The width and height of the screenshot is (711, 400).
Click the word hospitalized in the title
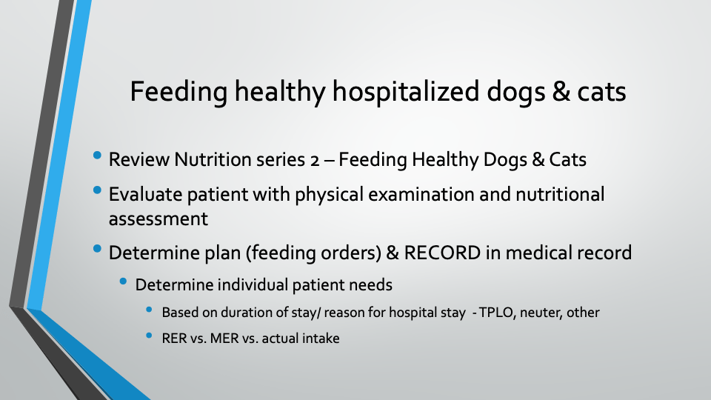pyautogui.click(x=405, y=91)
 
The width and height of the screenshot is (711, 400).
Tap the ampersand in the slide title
pyautogui.click(x=561, y=91)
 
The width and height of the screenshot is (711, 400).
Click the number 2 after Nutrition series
pyautogui.click(x=315, y=160)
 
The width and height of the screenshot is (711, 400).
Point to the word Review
pyautogui.click(x=138, y=160)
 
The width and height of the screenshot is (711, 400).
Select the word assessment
pyautogui.click(x=158, y=219)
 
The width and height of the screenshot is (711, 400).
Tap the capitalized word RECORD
pyautogui.click(x=442, y=253)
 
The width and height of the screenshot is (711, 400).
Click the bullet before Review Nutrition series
pyautogui.click(x=97, y=156)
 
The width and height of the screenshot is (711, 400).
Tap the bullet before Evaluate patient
pyautogui.click(x=97, y=190)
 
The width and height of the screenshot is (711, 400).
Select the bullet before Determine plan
pyautogui.click(x=97, y=249)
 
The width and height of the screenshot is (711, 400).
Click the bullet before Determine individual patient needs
pyautogui.click(x=123, y=281)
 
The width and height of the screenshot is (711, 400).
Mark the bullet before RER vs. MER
pyautogui.click(x=149, y=336)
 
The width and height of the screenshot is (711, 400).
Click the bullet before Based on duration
pyautogui.click(x=149, y=310)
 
